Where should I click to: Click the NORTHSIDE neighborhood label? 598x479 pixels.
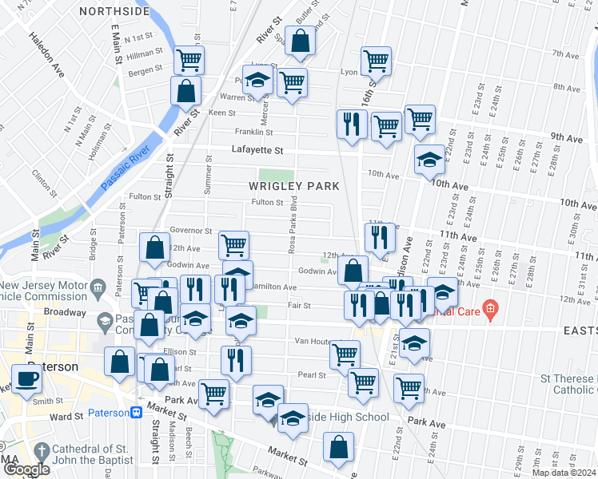[114, 12]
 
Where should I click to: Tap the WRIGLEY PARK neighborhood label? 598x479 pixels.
[293, 186]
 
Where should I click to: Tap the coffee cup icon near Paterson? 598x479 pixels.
[27, 378]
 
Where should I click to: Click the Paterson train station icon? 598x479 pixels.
[137, 413]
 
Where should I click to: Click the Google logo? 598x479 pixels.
[26, 469]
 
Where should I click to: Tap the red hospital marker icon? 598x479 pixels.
[492, 308]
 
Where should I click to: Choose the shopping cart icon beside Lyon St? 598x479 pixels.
[375, 59]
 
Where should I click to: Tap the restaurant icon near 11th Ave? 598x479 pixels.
[379, 236]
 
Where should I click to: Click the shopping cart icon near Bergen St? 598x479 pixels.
[189, 58]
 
